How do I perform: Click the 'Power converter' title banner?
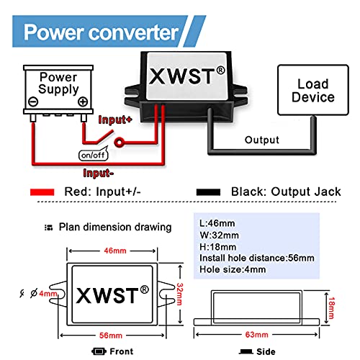(101, 32)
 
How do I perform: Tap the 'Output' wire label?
(261, 140)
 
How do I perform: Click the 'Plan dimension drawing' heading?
(114, 227)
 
